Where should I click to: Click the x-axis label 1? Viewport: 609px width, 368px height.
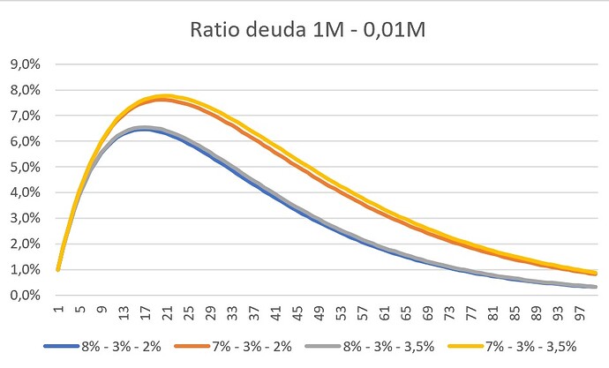[x=58, y=309]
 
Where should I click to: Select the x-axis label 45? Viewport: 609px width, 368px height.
[x=297, y=311]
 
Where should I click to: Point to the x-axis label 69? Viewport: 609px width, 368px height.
[x=426, y=311]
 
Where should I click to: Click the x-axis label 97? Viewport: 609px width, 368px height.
[x=578, y=311]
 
